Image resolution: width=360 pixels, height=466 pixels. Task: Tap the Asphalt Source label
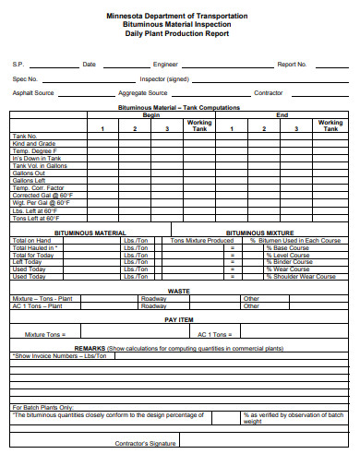coord(33,93)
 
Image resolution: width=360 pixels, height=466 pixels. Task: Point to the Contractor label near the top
coord(269,93)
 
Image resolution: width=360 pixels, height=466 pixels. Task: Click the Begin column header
coord(151,115)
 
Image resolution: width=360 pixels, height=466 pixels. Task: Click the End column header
coord(282,115)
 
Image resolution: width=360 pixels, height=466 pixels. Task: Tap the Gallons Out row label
coord(29,173)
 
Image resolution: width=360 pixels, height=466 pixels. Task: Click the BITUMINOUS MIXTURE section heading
coord(285,233)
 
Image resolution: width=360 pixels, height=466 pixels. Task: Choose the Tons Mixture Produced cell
coord(202,241)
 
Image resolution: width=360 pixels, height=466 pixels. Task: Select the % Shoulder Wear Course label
coord(301,276)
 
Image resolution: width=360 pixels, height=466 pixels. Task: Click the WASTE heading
coord(178,291)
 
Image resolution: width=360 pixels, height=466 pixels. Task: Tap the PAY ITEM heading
coord(179,319)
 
